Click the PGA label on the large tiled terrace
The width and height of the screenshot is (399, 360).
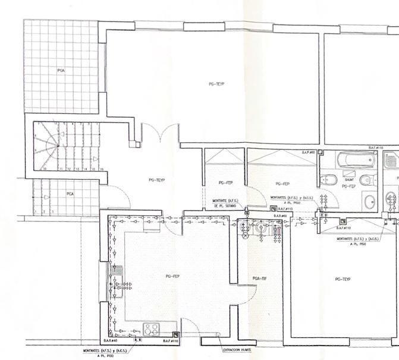coord(61,70)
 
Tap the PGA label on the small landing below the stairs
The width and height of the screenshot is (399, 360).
coord(70,194)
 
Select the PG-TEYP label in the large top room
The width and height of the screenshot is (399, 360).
coord(216,84)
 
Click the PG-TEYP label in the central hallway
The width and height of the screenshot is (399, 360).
coord(156,179)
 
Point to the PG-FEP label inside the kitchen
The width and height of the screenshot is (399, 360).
coord(172,276)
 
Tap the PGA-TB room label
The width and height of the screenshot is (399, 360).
coord(259,278)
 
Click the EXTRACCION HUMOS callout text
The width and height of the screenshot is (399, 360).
coord(237,350)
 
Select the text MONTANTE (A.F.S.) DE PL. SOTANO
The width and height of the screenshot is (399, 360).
coord(225,204)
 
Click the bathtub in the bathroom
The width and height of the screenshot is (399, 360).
coord(356,160)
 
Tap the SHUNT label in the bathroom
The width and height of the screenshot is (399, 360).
coord(349,179)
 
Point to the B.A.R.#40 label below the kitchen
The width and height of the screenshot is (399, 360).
coord(112,341)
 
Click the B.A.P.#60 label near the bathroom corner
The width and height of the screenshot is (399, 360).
coord(308,152)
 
